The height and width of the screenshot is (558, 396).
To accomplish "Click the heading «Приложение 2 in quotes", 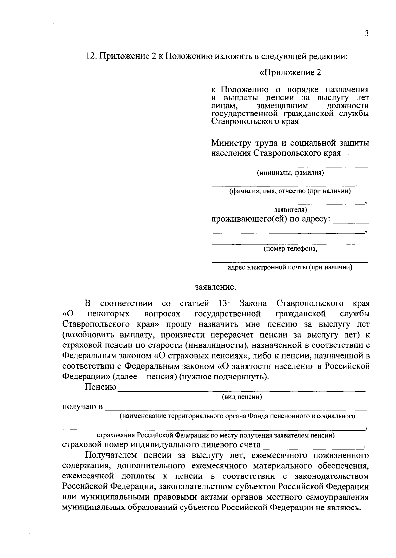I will pyautogui.click(x=290, y=72).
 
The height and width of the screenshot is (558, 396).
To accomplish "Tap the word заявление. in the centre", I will pyautogui.click(x=215, y=287).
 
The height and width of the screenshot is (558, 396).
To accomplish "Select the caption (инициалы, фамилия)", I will pyautogui.click(x=290, y=173).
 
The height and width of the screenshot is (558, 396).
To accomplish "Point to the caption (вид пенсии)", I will pyautogui.click(x=242, y=397).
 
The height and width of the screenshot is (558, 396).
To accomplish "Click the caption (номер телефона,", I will pyautogui.click(x=290, y=249).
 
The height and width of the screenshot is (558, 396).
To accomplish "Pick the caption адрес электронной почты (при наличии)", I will pyautogui.click(x=290, y=267).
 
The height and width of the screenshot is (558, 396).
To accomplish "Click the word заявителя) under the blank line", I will pyautogui.click(x=290, y=210).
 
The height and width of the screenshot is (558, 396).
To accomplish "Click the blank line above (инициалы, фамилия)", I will pyautogui.click(x=290, y=168).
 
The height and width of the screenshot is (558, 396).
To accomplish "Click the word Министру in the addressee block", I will pyautogui.click(x=231, y=143).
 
